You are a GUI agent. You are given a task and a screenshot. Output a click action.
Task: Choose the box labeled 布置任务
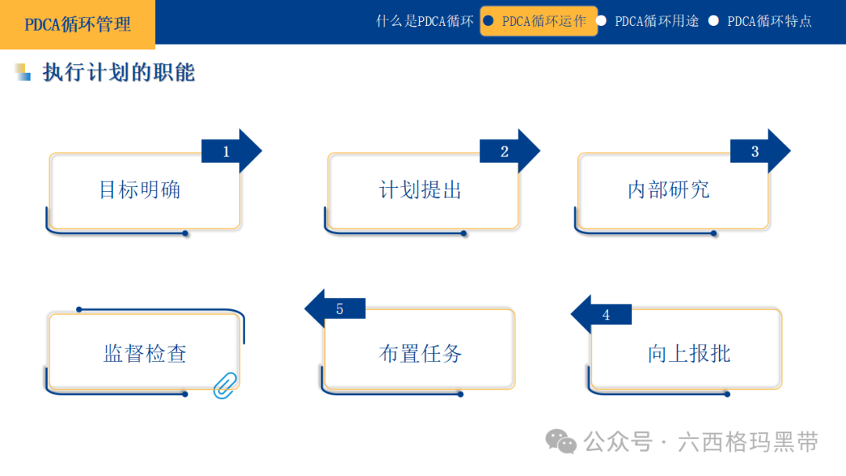point(420,353)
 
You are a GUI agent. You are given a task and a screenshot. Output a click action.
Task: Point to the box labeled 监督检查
point(144,353)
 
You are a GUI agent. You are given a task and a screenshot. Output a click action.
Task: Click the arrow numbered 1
point(231,151)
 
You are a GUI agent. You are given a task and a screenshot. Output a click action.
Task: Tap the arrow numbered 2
point(509,151)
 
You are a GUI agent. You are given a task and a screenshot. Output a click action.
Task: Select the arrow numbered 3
point(760,151)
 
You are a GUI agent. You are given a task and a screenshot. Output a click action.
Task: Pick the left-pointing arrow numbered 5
point(334,308)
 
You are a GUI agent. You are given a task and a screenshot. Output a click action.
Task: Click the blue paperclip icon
point(225,384)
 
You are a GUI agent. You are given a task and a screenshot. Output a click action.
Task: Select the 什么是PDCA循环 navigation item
point(425,21)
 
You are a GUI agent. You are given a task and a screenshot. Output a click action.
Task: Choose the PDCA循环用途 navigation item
point(656,21)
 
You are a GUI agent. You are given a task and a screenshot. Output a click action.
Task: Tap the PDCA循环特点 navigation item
point(769,21)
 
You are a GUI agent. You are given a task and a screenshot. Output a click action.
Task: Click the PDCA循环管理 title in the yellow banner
point(78,24)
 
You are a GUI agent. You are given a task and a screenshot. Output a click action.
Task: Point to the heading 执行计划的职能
point(118,73)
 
